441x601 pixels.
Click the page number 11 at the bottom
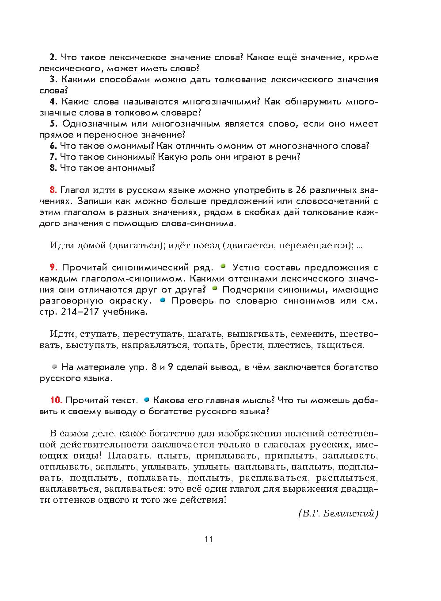[209, 539]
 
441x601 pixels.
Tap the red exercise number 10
[55, 400]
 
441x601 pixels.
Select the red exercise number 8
[53, 190]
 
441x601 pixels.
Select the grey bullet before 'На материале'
[54, 366]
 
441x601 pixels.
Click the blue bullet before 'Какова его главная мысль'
[146, 400]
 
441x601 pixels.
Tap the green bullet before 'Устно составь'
[223, 266]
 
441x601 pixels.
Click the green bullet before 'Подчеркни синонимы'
[215, 289]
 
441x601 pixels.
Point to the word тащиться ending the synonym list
[344, 345]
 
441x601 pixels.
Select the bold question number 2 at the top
[52, 57]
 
